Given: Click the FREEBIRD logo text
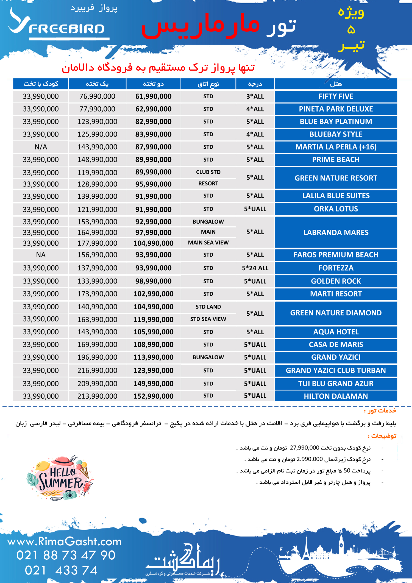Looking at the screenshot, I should click(x=66, y=29).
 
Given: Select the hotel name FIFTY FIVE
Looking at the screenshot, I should click(x=336, y=96).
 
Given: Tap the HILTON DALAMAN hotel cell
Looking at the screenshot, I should click(x=336, y=396).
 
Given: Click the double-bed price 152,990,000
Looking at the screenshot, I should click(x=153, y=396).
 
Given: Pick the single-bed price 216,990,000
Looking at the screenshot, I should click(x=97, y=370).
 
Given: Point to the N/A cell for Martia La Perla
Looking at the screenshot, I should click(x=41, y=147).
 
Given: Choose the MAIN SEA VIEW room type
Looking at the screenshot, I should click(x=208, y=243).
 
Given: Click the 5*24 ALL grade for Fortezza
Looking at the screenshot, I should click(x=255, y=268).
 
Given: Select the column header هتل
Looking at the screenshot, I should click(x=336, y=84).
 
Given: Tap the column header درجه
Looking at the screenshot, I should click(x=255, y=84).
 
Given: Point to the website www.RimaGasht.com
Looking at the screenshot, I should click(x=64, y=542).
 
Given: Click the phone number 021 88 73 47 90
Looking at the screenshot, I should click(x=66, y=555).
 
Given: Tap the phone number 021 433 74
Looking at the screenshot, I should click(x=61, y=570).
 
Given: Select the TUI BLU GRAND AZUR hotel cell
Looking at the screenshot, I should click(x=336, y=384).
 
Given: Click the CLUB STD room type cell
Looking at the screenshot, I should click(x=208, y=172).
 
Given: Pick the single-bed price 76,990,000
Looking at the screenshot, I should click(x=97, y=96).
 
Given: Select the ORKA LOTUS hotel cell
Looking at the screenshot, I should click(x=336, y=209).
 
